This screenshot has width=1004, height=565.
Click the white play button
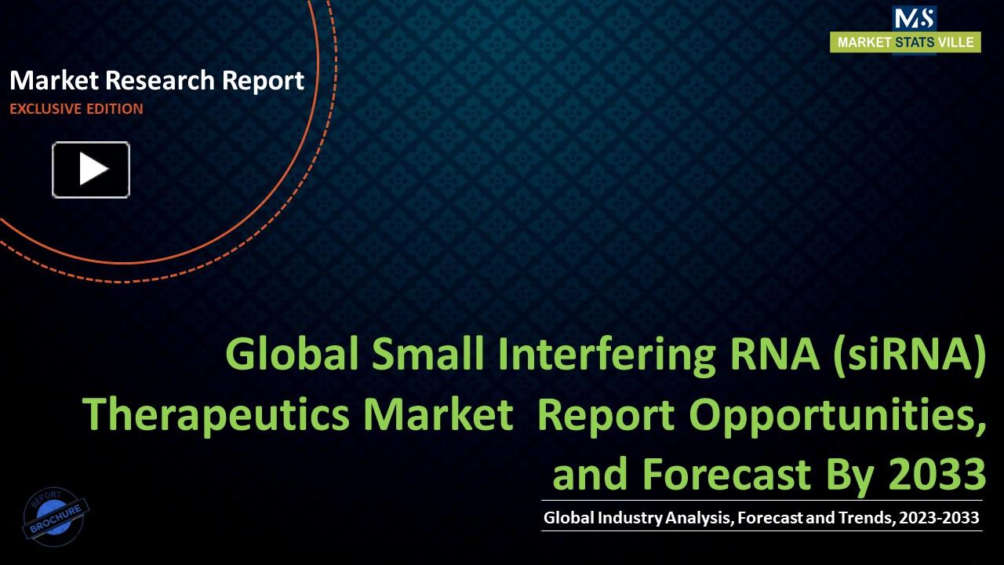[91, 169]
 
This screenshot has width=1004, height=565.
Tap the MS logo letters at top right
[913, 18]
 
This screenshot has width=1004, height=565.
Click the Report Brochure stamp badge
[56, 515]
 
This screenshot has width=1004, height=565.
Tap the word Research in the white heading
[159, 80]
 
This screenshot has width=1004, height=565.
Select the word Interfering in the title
[604, 354]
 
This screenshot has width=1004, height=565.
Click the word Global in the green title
[292, 354]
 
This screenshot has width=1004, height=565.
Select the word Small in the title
[427, 354]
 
